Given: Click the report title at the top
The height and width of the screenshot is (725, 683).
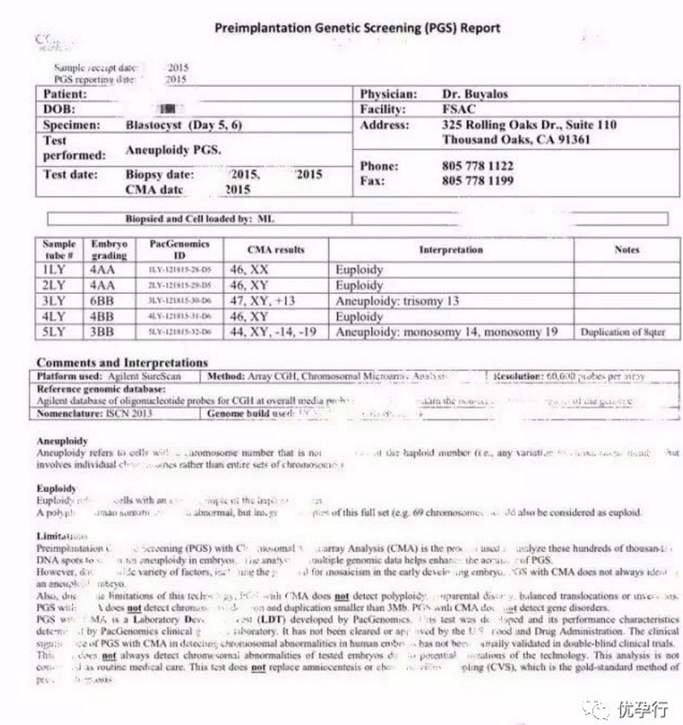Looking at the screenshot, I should [357, 27].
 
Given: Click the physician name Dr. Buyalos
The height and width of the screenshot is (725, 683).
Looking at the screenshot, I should [471, 93].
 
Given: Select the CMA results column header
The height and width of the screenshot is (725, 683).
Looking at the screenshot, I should [276, 250].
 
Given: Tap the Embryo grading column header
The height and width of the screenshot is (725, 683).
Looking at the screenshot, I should [110, 249].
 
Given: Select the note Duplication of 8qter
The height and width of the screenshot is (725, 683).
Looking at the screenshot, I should [626, 332].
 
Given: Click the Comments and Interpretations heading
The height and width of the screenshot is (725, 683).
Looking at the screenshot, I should [122, 362].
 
